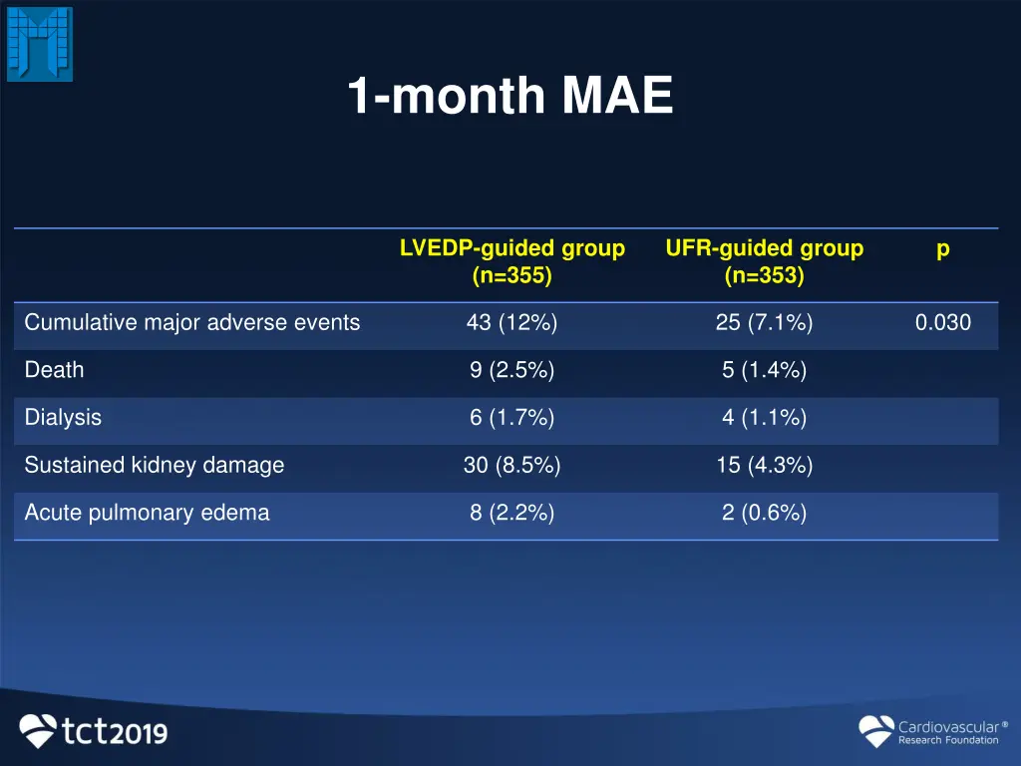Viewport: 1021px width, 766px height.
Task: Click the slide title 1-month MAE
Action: [x=510, y=98]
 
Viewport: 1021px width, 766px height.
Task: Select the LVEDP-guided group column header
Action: [x=511, y=261]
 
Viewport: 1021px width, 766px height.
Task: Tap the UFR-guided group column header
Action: [x=764, y=261]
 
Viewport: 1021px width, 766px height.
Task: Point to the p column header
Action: [x=942, y=249]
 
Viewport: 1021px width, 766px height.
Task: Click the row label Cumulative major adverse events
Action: [x=192, y=323]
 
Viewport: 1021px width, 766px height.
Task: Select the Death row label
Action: [x=55, y=370]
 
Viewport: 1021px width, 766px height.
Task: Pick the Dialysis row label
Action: [x=63, y=418]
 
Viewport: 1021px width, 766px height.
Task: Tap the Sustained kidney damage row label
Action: [x=155, y=465]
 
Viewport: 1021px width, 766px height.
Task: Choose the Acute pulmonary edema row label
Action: [x=147, y=513]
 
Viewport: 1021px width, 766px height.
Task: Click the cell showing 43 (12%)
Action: [x=511, y=323]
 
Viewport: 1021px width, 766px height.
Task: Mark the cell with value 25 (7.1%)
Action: [x=764, y=323]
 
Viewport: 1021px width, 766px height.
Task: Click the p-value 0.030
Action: [x=942, y=323]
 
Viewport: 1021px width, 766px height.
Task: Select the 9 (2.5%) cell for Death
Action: [x=511, y=370]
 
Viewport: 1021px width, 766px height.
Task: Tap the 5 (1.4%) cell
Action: [x=764, y=370]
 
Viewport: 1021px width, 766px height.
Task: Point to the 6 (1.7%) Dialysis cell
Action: [x=511, y=418]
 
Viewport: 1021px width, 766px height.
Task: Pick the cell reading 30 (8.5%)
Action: [x=511, y=465]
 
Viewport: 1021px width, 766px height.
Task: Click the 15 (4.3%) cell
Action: [x=764, y=465]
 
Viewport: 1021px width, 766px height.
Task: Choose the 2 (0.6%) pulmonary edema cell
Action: [x=764, y=513]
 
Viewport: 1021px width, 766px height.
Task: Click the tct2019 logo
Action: [x=94, y=731]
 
